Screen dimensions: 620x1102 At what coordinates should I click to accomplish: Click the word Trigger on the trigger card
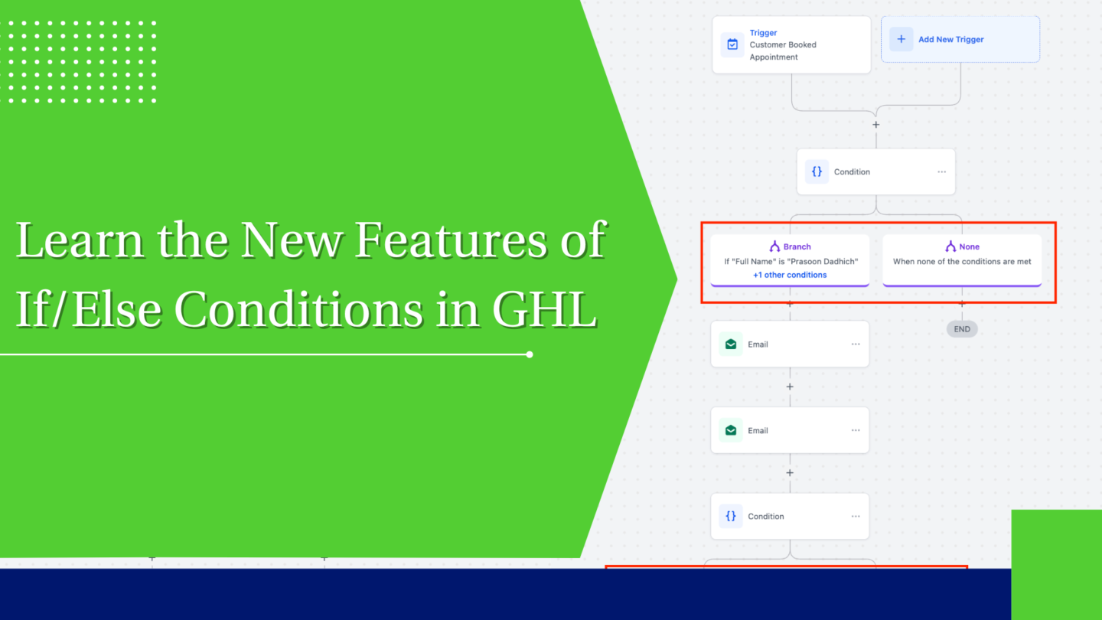pyautogui.click(x=763, y=33)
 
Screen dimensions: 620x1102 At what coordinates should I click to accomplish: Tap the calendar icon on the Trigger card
pyautogui.click(x=732, y=44)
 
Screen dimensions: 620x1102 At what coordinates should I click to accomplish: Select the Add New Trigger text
pyautogui.click(x=950, y=40)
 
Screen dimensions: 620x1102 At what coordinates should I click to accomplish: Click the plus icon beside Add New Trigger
pyautogui.click(x=901, y=39)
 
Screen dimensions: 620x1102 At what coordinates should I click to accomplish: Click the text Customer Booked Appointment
pyautogui.click(x=782, y=51)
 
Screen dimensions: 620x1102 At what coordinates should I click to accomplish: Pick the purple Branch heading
pyautogui.click(x=796, y=246)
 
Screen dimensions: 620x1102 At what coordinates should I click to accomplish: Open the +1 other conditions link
pyautogui.click(x=790, y=275)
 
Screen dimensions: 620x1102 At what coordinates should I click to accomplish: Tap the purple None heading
pyautogui.click(x=968, y=246)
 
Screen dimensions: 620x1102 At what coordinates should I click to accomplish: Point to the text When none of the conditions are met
pyautogui.click(x=962, y=261)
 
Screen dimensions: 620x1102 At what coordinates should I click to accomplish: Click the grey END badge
pyautogui.click(x=962, y=329)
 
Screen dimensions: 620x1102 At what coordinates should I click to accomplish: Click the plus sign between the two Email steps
pyautogui.click(x=790, y=387)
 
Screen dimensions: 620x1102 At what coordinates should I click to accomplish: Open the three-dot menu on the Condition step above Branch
pyautogui.click(x=941, y=171)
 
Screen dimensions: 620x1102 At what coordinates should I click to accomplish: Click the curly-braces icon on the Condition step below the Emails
pyautogui.click(x=731, y=516)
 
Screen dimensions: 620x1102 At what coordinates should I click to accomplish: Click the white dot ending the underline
pyautogui.click(x=530, y=354)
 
